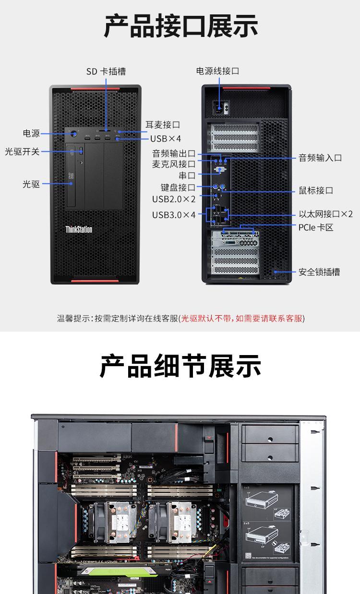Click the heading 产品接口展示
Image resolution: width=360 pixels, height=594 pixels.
181,27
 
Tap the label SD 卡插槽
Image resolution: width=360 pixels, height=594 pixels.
106,71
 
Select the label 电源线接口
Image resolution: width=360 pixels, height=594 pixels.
217,71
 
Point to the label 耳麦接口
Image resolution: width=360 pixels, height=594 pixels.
163,125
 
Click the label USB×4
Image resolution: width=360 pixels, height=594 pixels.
166,139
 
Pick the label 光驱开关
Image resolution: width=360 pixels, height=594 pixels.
22,152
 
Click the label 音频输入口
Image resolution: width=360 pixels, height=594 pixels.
320,158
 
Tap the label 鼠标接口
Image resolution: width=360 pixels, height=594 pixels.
316,190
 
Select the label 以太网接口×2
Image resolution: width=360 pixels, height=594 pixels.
326,214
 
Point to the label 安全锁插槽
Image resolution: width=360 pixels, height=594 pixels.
319,272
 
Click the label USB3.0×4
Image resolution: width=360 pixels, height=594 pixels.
174,214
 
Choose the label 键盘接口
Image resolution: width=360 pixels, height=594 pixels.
178,188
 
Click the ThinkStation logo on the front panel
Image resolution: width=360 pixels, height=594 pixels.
79,229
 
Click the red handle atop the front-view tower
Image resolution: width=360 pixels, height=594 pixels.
95,89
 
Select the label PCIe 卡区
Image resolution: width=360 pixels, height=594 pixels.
315,227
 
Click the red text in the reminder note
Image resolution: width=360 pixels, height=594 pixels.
242,318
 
